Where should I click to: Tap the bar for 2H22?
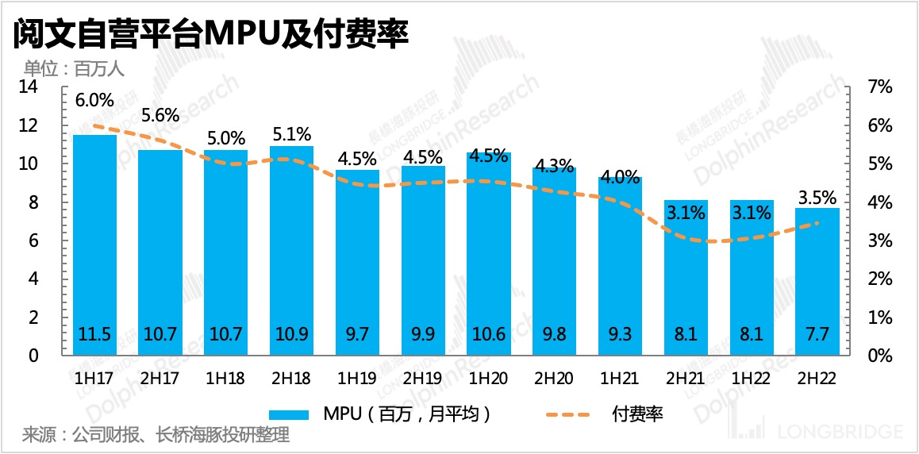[x=817, y=278]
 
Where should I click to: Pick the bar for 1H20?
[x=489, y=254]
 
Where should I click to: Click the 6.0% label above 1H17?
[x=95, y=101]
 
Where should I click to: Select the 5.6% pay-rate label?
[x=160, y=114]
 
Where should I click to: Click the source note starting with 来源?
[x=156, y=435]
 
